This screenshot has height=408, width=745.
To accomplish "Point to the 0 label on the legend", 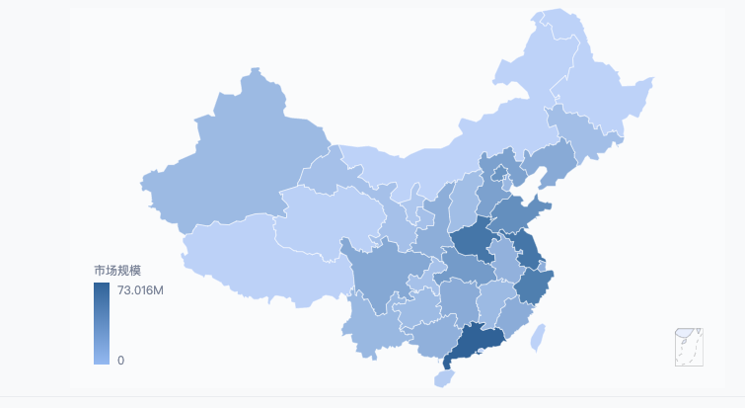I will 120,361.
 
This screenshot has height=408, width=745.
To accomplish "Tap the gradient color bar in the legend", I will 102,323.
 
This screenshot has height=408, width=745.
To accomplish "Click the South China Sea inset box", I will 688,347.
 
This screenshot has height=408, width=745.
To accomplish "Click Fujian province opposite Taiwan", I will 512,316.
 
